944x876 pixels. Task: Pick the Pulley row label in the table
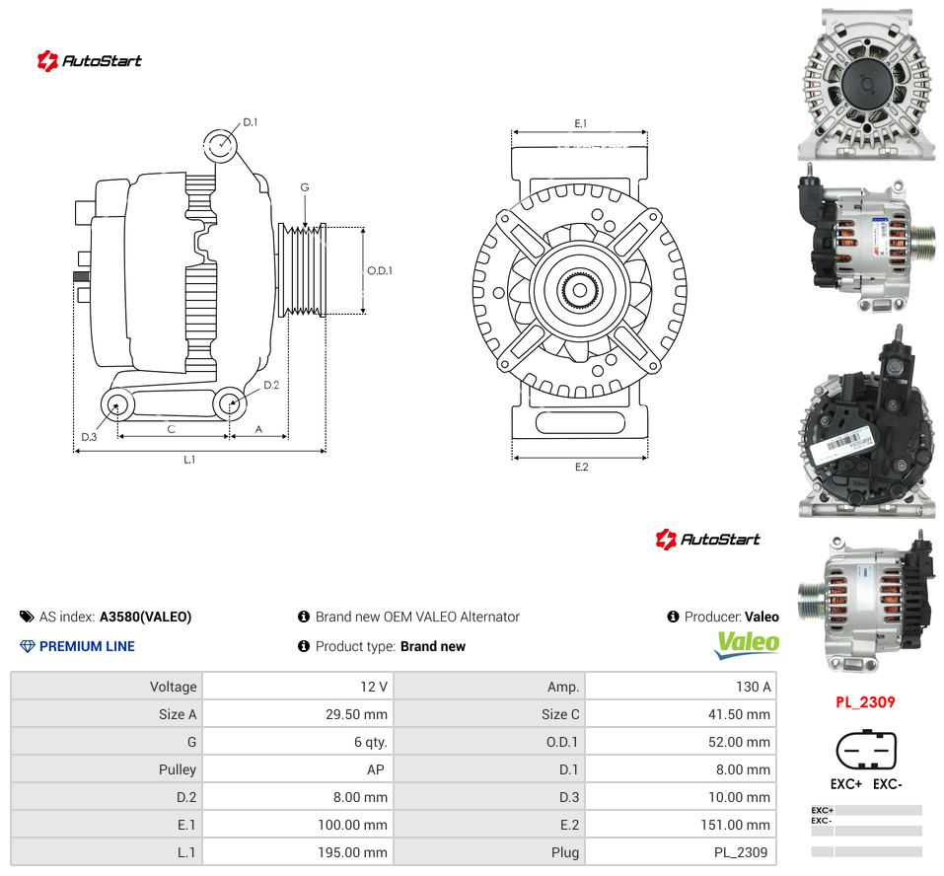tap(178, 770)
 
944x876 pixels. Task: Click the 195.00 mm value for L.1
tap(353, 852)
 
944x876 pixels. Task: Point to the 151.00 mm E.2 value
tap(735, 825)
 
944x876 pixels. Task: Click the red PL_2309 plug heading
tap(865, 702)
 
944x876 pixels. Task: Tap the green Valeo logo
tap(747, 644)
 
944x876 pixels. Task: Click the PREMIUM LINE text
tap(87, 646)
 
